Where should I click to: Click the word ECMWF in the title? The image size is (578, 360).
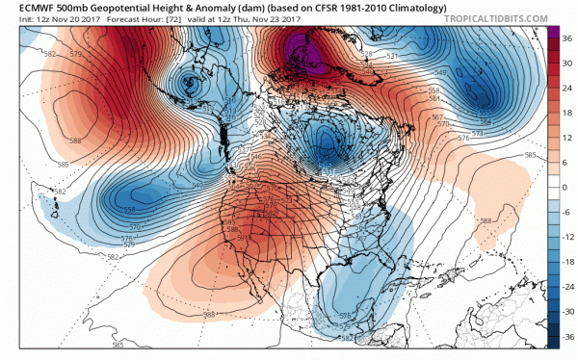pyautogui.click(x=24, y=6)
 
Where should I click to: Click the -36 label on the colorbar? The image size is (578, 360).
pyautogui.click(x=566, y=338)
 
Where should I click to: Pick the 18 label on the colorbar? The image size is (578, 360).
pyautogui.click(x=566, y=113)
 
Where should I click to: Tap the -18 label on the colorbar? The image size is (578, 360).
pyautogui.click(x=566, y=263)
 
